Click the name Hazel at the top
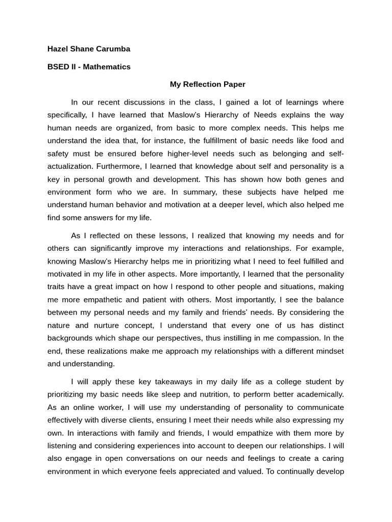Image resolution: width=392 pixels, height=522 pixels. point(58,49)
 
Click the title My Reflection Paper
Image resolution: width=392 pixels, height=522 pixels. point(207,84)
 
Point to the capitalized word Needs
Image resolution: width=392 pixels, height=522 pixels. point(265,115)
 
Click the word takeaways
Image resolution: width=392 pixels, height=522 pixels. point(160,381)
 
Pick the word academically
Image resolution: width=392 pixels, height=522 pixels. point(320,394)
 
